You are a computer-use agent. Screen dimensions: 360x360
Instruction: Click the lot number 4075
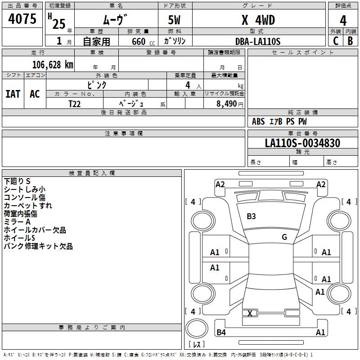coord(22,19)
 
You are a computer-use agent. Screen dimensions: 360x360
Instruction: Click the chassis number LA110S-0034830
coord(302,143)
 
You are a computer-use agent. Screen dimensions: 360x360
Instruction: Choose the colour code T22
coord(75,103)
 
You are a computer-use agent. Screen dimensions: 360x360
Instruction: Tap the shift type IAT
coord(13,94)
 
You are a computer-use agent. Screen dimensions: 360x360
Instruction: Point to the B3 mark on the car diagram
coord(251,216)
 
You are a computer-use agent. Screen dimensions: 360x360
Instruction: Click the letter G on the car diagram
coord(284,237)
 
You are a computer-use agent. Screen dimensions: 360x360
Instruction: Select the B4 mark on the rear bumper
coord(221,333)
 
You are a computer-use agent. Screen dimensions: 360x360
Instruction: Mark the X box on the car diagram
coord(250,313)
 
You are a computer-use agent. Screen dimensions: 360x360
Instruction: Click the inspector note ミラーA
coord(17,222)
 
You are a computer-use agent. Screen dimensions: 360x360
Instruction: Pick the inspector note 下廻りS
coord(17,181)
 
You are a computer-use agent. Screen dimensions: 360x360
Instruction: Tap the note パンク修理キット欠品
coord(38,246)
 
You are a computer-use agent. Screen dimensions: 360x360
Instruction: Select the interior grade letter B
coord(350,41)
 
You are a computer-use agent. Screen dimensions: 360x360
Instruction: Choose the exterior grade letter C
coord(335,41)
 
